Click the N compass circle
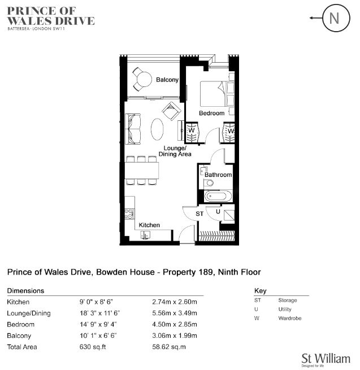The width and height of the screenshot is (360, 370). [336, 19]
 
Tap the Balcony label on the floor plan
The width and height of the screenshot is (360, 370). [167, 80]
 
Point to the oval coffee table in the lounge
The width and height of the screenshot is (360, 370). [157, 129]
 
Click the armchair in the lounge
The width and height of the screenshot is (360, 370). [172, 111]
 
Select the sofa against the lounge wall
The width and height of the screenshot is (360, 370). [133, 129]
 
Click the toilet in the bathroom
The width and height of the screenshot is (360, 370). [209, 182]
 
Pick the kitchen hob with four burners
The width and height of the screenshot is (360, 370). [129, 214]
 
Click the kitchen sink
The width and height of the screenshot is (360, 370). [145, 235]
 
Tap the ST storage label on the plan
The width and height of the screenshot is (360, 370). [199, 214]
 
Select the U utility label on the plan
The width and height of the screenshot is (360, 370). [218, 211]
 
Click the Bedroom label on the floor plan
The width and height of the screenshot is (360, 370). [212, 114]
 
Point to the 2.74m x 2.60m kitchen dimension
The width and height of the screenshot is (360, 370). [175, 302]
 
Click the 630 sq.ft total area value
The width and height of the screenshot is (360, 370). [93, 347]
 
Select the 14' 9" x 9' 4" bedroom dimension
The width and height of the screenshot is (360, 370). [98, 324]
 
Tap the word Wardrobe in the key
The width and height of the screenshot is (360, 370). [290, 318]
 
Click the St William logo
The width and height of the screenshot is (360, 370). [326, 360]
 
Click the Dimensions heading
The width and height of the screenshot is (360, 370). [25, 291]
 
